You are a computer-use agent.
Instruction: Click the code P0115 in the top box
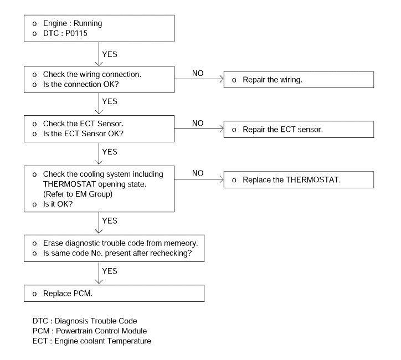[76, 33]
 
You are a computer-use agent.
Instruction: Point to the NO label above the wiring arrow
[198, 73]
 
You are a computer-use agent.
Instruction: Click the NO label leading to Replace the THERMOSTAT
[198, 173]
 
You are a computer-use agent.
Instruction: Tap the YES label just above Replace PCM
[110, 271]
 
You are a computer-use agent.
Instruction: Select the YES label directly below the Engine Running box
[110, 54]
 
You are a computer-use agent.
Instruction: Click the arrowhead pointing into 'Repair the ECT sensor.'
[222, 129]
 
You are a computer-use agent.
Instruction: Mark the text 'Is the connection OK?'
[81, 84]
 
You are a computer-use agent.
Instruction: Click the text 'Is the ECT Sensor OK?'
[83, 133]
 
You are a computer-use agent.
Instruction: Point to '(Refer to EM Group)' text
[78, 194]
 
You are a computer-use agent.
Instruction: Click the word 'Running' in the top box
[88, 23]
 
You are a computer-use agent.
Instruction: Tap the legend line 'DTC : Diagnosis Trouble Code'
[85, 321]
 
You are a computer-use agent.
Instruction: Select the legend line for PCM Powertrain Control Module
[90, 331]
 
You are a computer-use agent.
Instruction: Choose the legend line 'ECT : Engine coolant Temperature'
[92, 341]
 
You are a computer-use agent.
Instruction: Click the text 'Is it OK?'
[58, 204]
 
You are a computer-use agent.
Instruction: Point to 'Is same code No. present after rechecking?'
[117, 253]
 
